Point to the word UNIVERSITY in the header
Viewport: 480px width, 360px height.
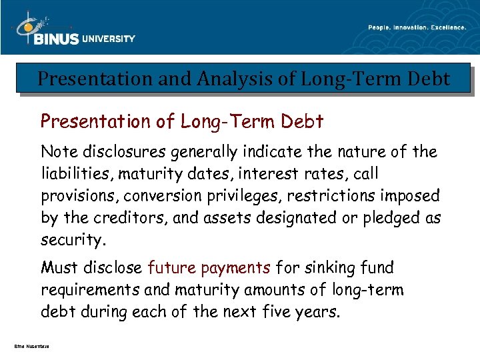[109, 39]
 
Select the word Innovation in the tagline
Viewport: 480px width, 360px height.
[415, 27]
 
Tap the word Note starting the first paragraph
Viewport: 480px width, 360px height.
[59, 152]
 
